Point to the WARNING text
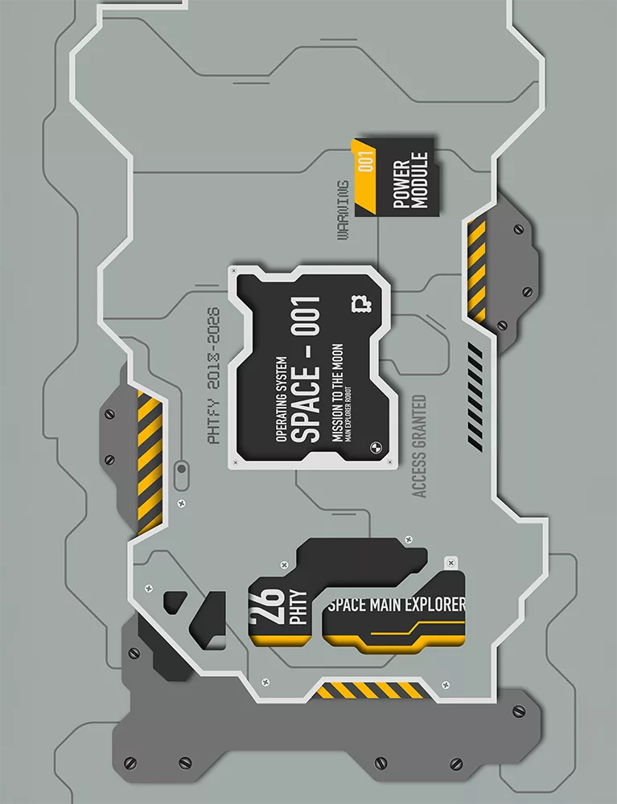point(343,211)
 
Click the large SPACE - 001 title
point(308,369)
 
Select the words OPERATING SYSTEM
point(281,400)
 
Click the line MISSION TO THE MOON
point(337,393)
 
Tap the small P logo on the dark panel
point(360,303)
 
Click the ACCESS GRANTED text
point(419,445)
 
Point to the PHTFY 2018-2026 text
point(213,375)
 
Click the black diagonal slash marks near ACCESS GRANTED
point(475,397)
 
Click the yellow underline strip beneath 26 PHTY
point(280,640)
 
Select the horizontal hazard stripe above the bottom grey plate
point(371,691)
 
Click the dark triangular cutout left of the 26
point(175,601)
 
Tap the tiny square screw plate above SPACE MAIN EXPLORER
point(450,561)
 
